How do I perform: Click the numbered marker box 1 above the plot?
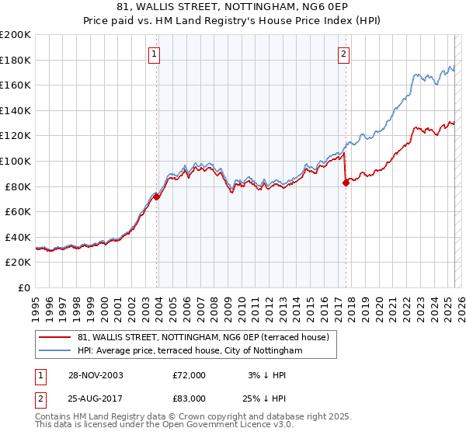tap(155, 54)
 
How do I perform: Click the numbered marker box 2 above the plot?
tap(343, 54)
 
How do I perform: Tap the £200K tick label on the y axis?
tap(16, 35)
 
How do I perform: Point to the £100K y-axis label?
tap(16, 161)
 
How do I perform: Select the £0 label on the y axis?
tap(24, 287)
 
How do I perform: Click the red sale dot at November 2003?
tap(157, 197)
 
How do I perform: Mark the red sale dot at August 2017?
tap(346, 183)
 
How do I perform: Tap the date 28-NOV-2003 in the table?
tap(96, 375)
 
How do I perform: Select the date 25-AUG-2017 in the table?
tap(96, 398)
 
